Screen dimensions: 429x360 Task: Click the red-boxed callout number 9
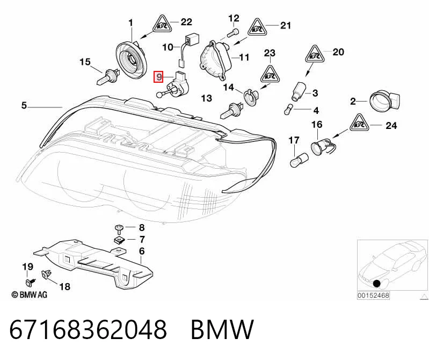pos(159,77)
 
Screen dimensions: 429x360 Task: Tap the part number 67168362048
pos(88,329)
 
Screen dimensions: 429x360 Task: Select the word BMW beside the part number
pos(222,329)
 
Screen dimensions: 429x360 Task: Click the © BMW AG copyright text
pos(30,294)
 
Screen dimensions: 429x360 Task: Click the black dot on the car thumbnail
pos(377,284)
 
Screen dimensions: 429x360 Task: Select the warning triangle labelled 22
pos(163,24)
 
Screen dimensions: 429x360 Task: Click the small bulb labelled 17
pos(299,160)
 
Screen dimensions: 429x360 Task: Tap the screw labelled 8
pos(119,227)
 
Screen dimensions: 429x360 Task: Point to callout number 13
pos(207,98)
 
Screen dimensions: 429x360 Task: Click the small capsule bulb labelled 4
pos(288,109)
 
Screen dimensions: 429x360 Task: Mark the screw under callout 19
pos(30,281)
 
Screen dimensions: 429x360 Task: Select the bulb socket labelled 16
pos(323,146)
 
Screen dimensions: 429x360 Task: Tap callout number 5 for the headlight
pos(24,105)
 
